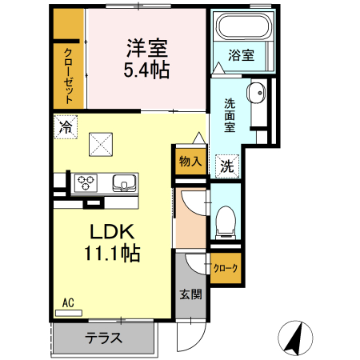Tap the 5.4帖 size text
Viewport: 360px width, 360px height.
145,70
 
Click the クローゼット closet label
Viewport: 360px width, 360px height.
69,74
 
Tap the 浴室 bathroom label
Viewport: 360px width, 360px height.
242,55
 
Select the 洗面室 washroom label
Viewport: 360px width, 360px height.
229,114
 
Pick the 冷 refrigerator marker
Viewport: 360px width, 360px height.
66,126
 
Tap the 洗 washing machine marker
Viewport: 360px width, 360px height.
227,166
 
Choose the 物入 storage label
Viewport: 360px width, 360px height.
190,161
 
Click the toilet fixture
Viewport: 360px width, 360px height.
226,218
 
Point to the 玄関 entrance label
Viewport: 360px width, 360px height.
190,294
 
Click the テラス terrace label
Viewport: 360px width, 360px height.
104,338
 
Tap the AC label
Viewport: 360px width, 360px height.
68,302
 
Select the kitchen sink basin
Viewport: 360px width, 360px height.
123,182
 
